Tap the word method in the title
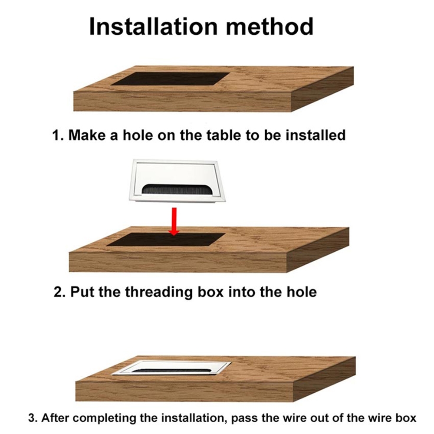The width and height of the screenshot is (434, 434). (270, 26)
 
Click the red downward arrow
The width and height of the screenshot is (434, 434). (174, 221)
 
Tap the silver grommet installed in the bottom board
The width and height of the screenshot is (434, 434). (171, 368)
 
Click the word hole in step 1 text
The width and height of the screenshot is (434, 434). (138, 135)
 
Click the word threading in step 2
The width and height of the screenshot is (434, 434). (158, 293)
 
